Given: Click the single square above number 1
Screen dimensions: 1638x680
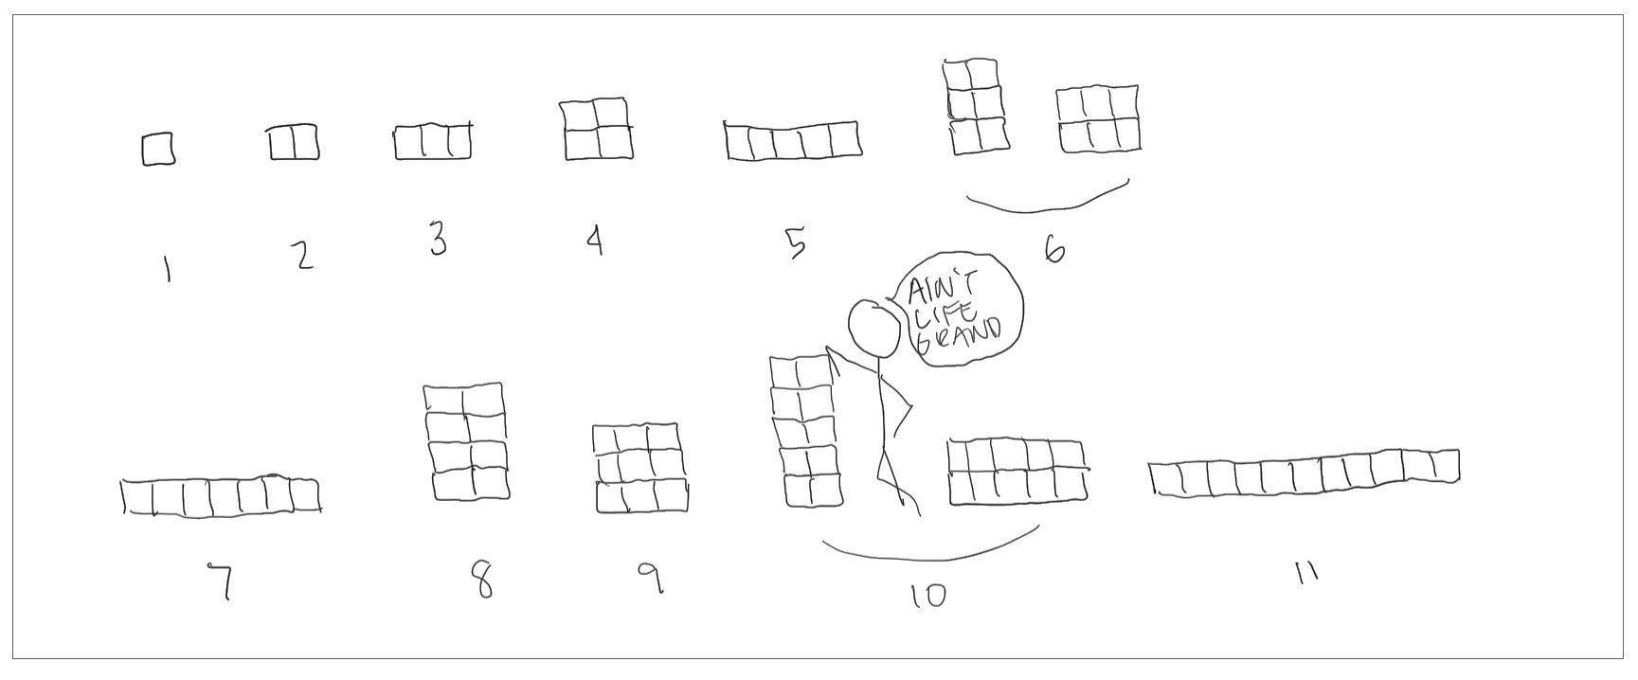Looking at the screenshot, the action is click(158, 150).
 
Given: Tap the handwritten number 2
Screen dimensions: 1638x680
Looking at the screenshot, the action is click(303, 256).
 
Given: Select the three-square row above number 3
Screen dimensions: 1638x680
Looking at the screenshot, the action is click(433, 141).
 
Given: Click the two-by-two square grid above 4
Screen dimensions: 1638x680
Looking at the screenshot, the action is click(597, 129).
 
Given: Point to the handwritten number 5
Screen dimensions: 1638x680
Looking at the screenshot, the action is click(796, 242).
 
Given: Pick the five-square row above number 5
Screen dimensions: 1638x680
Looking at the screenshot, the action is click(793, 141).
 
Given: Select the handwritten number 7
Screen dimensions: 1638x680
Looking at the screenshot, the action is click(223, 581).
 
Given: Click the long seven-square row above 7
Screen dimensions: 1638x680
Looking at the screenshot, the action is click(221, 496).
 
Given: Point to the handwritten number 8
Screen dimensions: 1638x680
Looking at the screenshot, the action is click(483, 581).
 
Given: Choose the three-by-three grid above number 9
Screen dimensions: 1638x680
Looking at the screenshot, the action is click(640, 469).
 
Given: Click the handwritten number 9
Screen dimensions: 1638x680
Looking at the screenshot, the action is click(650, 578).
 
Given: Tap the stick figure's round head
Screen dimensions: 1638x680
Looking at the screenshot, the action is click(873, 328).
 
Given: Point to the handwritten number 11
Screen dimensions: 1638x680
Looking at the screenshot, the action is click(1306, 572).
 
